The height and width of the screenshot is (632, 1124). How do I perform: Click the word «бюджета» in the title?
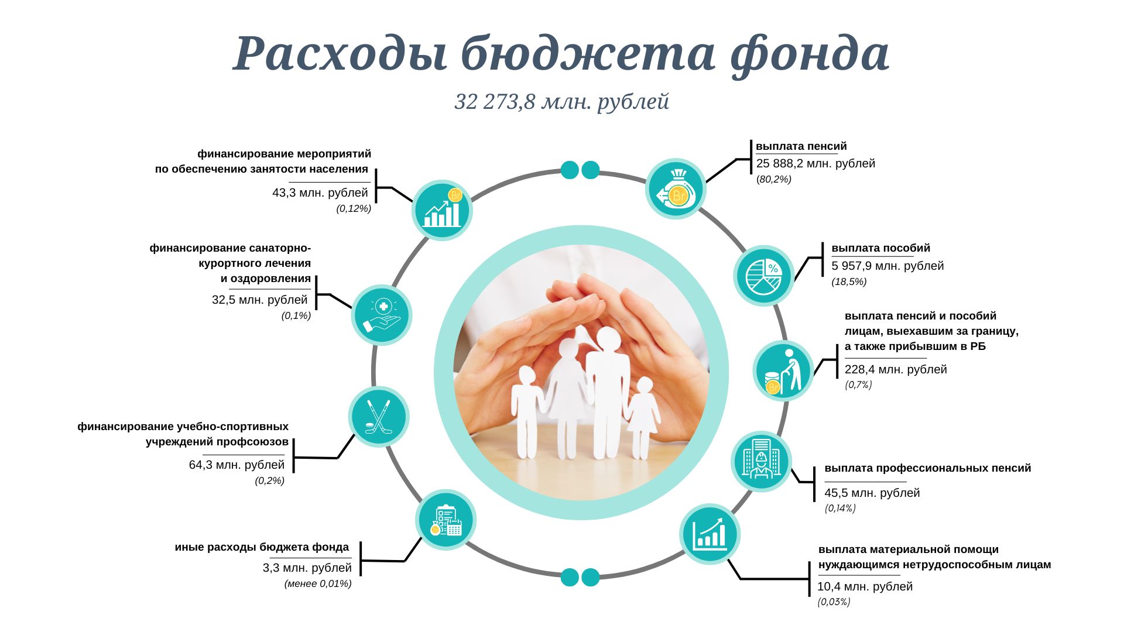pyautogui.click(x=588, y=54)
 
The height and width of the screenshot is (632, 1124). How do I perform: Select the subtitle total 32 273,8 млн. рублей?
pyautogui.click(x=562, y=101)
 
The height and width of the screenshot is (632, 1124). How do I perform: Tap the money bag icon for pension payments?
pyautogui.click(x=676, y=189)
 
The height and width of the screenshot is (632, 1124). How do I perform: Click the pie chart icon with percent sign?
pyautogui.click(x=763, y=276)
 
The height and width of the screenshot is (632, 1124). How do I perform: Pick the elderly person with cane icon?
pyautogui.click(x=783, y=370)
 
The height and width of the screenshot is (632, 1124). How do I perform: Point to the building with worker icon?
pyautogui.click(x=761, y=461)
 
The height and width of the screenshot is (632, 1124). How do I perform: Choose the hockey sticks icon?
pyautogui.click(x=379, y=417)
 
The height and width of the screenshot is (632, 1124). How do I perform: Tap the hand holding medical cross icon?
pyautogui.click(x=382, y=315)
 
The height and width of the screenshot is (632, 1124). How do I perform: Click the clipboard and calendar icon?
pyautogui.click(x=446, y=520)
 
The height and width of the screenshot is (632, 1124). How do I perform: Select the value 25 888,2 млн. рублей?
pyautogui.click(x=815, y=164)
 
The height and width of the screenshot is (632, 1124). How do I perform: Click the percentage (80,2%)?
pyautogui.click(x=774, y=180)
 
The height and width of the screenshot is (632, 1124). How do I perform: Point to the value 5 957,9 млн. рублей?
pyautogui.click(x=887, y=266)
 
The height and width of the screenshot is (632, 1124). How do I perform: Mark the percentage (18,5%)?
pyautogui.click(x=849, y=282)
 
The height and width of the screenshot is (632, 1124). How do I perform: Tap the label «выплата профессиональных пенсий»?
pyautogui.click(x=928, y=468)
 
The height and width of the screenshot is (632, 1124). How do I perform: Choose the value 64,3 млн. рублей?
pyautogui.click(x=237, y=465)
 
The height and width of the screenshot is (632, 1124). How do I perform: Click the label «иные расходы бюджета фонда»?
pyautogui.click(x=262, y=547)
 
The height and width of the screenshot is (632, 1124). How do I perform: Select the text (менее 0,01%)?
pyautogui.click(x=318, y=584)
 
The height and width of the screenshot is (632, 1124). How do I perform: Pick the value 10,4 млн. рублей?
pyautogui.click(x=865, y=587)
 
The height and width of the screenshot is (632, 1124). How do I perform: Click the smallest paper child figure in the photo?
pyautogui.click(x=642, y=418)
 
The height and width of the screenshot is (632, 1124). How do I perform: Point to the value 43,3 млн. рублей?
pyautogui.click(x=320, y=193)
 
